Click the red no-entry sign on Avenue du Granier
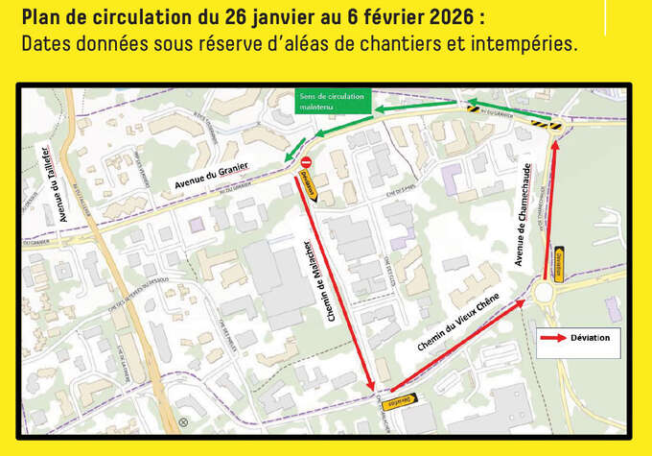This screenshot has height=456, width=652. click(306, 163)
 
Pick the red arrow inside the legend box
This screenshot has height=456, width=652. click(553, 337)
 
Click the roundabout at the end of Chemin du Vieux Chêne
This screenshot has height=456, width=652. click(546, 290)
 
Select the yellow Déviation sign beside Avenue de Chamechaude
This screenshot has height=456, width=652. click(558, 260)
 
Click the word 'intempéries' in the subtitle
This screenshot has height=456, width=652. click(524, 44)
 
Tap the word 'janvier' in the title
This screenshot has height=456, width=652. click(279, 18)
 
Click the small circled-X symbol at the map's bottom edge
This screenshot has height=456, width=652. click(182, 421)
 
